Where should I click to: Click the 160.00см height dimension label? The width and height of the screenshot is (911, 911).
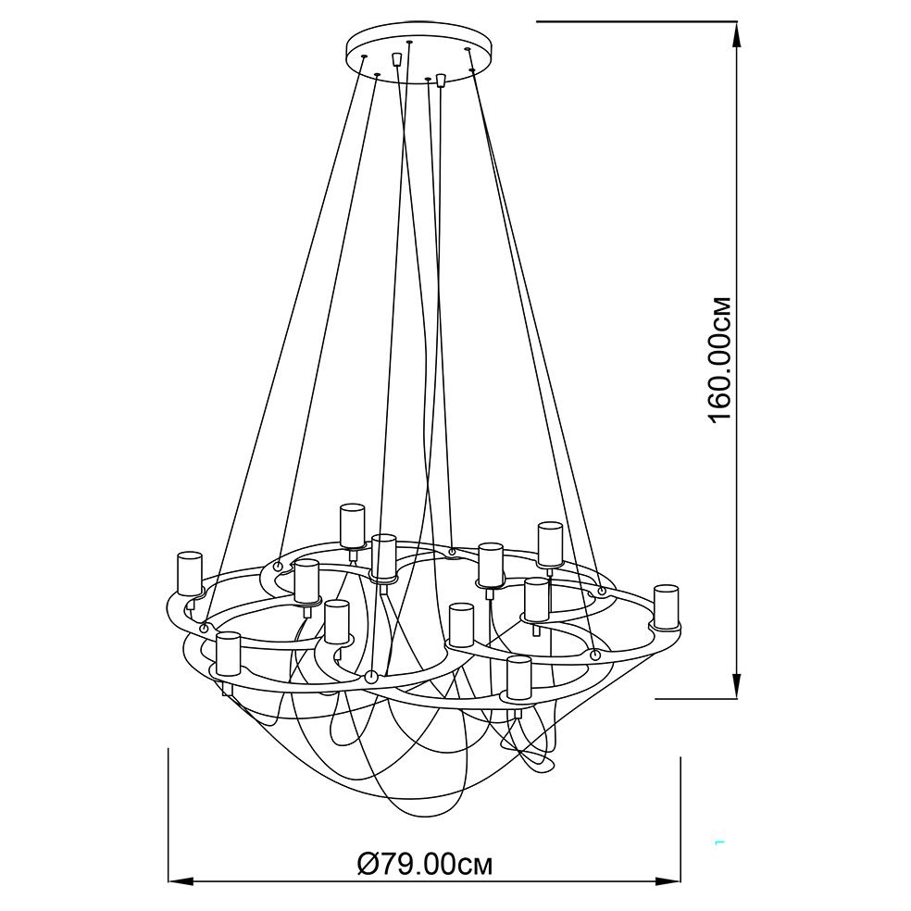point(720,360)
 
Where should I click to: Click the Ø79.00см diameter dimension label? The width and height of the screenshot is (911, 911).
point(424,865)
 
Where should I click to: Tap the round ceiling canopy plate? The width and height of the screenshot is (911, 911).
point(418,54)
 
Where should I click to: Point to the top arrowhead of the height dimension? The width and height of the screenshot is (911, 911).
point(737,35)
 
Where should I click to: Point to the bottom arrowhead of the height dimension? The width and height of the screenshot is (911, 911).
point(737,685)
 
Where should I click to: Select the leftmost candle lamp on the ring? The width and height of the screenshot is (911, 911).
point(190,574)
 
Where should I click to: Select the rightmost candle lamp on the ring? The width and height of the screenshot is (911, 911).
point(666,607)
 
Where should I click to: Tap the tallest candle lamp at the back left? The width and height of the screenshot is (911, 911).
point(352,527)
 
